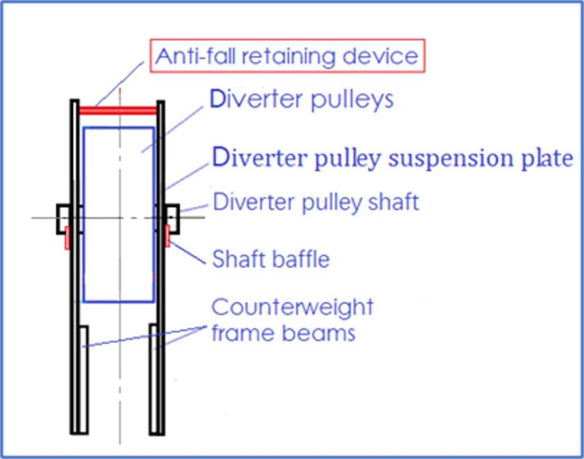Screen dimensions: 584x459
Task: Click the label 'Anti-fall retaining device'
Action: (287, 56)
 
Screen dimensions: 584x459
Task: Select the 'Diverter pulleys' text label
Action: (302, 99)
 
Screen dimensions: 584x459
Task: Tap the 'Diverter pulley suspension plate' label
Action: (392, 159)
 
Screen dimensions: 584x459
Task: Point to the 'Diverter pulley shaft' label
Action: (316, 202)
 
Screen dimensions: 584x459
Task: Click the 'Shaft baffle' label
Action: (271, 259)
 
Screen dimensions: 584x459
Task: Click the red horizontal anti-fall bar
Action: (118, 111)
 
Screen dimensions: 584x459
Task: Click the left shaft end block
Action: (63, 219)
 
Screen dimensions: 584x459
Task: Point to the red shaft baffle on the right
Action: (167, 236)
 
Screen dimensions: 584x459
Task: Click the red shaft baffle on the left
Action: (67, 237)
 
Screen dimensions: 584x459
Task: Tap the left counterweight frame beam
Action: (84, 380)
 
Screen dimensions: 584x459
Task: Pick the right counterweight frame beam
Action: (154, 379)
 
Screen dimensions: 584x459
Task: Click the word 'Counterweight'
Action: (293, 307)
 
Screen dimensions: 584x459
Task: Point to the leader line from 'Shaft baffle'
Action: (187, 253)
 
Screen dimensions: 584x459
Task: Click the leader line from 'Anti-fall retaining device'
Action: (119, 84)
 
